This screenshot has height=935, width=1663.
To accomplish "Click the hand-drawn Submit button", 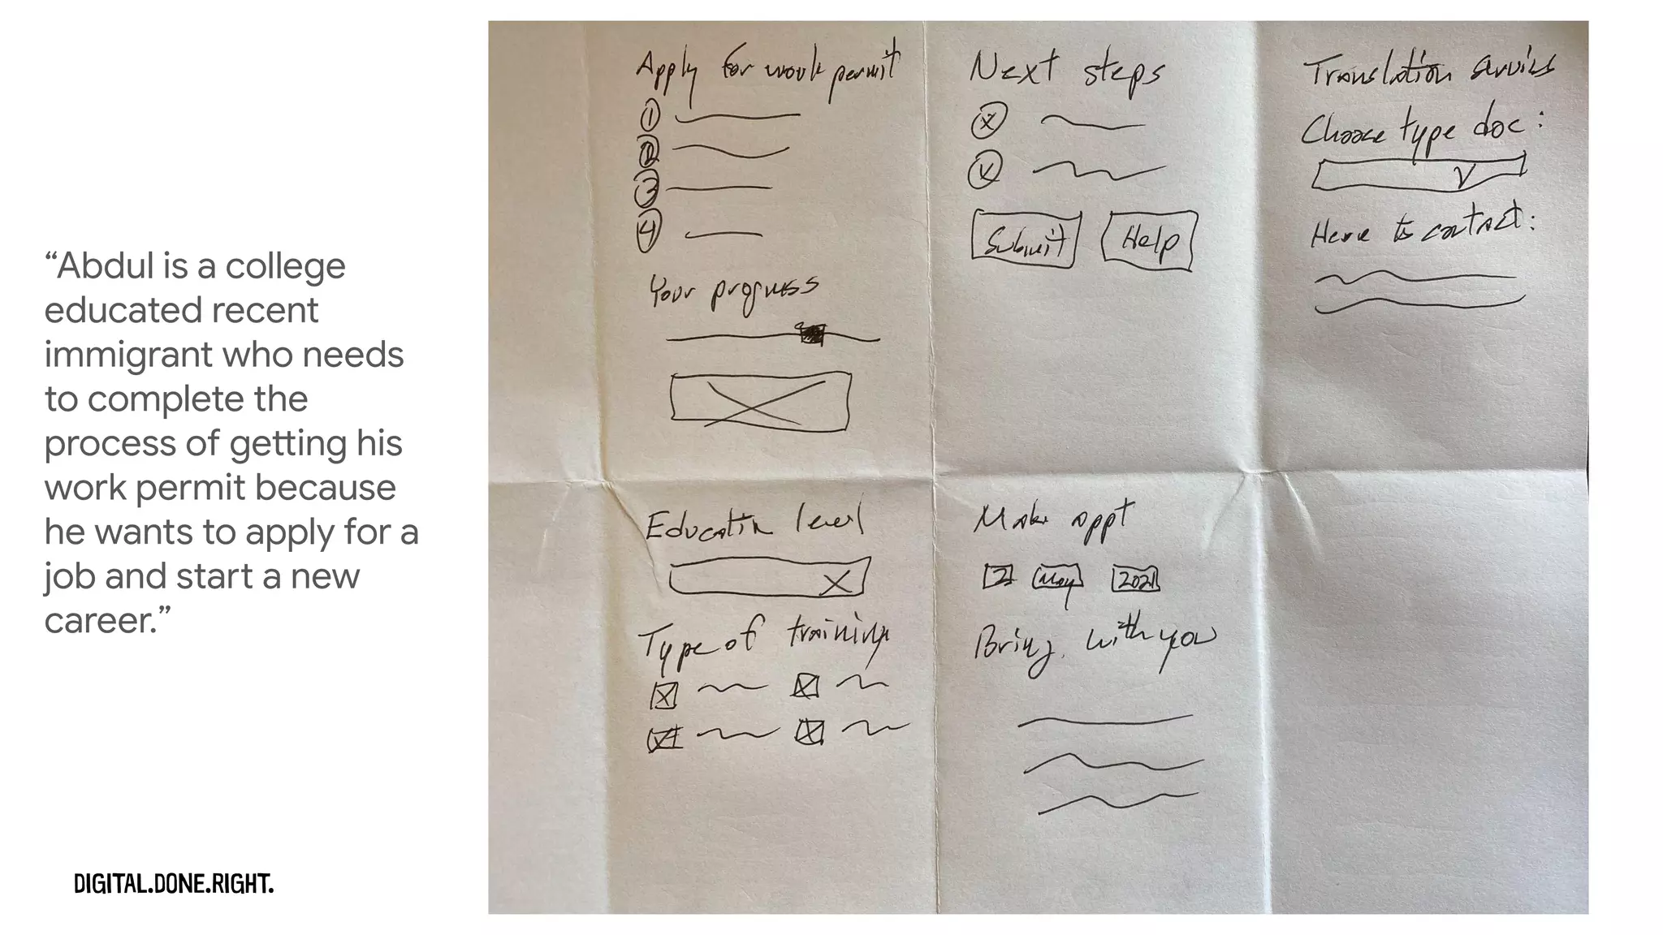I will click(x=1026, y=240).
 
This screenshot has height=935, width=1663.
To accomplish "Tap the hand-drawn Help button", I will click(x=1149, y=240).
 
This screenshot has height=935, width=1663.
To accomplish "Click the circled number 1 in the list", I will click(x=650, y=118).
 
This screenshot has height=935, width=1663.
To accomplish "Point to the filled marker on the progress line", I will click(x=812, y=334).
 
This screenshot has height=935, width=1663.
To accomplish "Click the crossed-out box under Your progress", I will click(x=760, y=401).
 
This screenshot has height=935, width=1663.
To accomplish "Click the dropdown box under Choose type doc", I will click(x=1419, y=175).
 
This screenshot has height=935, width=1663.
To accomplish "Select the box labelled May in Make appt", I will click(x=1056, y=580).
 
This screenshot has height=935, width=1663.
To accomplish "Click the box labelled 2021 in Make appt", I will click(x=1134, y=580).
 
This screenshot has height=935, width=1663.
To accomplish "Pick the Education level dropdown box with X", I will click(x=769, y=577).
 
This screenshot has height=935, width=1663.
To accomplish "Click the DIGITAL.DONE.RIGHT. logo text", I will click(x=174, y=884).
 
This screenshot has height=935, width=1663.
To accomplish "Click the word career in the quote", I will click(x=101, y=621).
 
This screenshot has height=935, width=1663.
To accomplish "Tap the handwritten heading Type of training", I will click(x=762, y=641).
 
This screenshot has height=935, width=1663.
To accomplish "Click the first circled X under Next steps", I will click(x=988, y=123).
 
